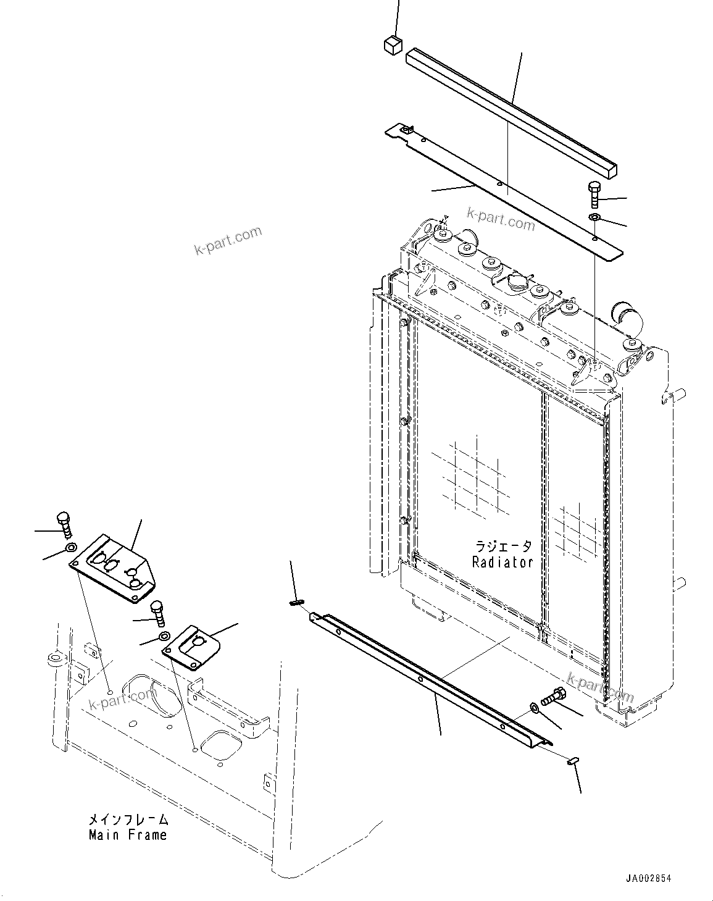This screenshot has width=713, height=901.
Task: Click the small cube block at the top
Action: (x=391, y=45)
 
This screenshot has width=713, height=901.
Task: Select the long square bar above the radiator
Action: (x=512, y=114)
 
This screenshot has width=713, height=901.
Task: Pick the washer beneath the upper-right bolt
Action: (x=594, y=217)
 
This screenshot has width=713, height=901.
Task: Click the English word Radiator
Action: (x=502, y=562)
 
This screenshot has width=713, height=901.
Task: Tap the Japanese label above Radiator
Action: (x=502, y=547)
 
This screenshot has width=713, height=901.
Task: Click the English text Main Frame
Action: (x=127, y=835)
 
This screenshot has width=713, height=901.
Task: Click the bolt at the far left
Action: (x=64, y=524)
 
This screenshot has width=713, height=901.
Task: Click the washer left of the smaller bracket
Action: (x=164, y=636)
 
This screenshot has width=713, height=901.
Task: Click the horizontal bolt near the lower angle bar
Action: (x=552, y=697)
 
